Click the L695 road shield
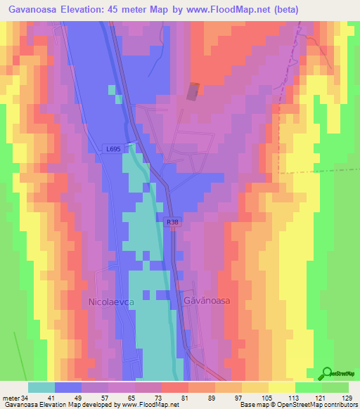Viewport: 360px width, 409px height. [112, 149]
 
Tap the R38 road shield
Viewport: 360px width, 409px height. [172, 222]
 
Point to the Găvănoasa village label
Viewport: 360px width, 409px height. [207, 300]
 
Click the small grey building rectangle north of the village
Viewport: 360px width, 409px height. [193, 91]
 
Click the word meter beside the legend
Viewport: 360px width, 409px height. [10, 397]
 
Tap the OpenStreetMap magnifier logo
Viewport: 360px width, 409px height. [328, 374]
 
